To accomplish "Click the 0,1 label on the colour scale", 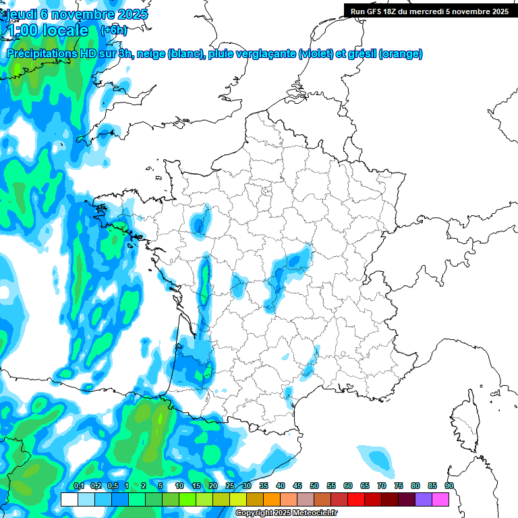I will [x=78, y=486].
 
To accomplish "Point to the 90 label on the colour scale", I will [x=449, y=486].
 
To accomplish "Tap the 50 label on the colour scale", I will [x=314, y=486].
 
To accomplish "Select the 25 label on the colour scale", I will [x=230, y=486].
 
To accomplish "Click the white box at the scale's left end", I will [x=69, y=499].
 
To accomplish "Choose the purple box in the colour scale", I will [x=424, y=499].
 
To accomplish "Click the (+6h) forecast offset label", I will [x=113, y=30].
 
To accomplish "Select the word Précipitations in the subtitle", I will [x=41, y=54].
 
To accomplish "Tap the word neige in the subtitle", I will [x=150, y=54].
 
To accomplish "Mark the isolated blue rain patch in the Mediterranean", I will [x=375, y=458].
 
